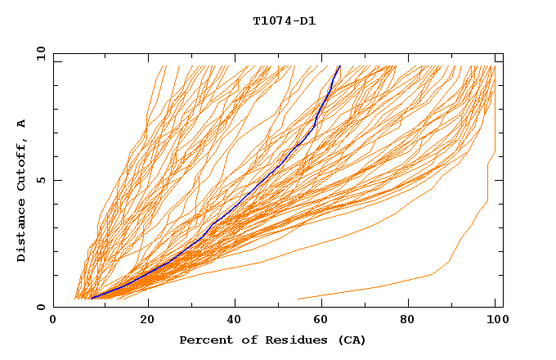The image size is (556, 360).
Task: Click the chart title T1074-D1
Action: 284,20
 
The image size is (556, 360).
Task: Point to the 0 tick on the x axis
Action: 53,320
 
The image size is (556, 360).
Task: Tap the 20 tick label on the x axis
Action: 147,320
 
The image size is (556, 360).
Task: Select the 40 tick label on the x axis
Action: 236,320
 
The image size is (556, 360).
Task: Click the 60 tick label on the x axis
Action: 325,320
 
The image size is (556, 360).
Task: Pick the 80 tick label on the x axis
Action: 413,320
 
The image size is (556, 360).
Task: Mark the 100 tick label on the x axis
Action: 495,320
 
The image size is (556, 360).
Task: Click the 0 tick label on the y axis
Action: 40,308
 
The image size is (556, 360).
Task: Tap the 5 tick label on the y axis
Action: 40,181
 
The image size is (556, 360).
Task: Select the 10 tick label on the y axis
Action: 38,53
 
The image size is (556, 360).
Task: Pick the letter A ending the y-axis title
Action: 21,124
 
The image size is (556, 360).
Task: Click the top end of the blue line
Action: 339,66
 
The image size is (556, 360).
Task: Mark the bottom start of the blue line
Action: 92,298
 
